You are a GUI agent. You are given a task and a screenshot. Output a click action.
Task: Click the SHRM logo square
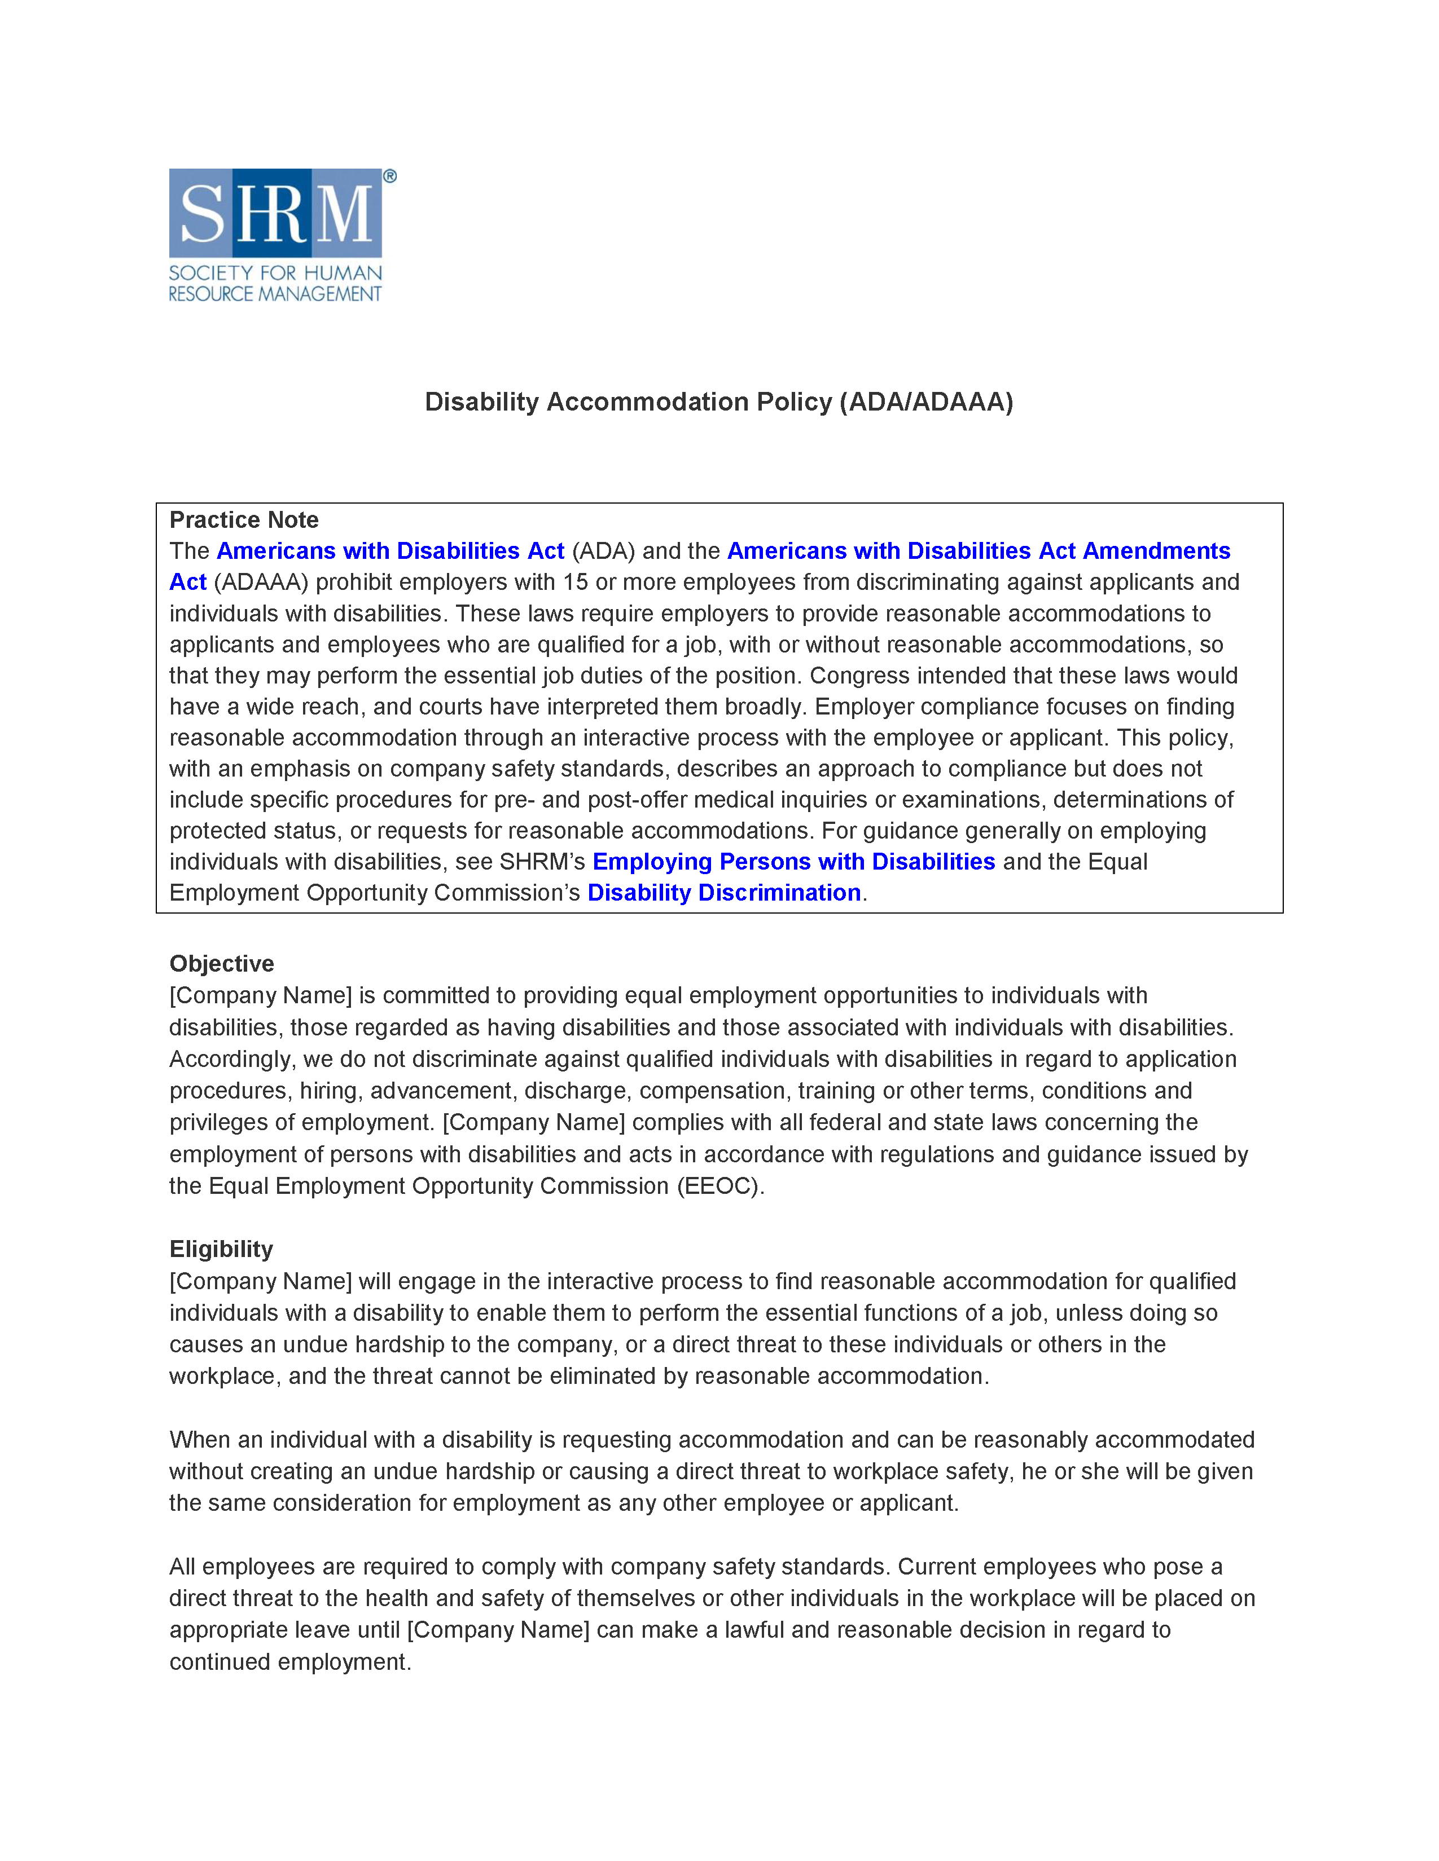point(275,213)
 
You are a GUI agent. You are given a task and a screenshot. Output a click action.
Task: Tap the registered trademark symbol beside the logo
point(389,177)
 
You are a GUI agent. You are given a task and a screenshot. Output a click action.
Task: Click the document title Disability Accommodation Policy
point(718,402)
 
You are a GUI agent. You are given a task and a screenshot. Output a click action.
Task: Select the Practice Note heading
point(244,520)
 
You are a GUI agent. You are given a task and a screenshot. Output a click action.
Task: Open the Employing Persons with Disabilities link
point(793,862)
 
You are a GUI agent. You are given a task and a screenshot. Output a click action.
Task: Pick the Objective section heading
point(222,964)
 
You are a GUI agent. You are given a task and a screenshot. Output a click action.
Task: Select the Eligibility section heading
point(221,1249)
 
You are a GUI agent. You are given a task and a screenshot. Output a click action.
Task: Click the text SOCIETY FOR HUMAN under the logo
point(275,274)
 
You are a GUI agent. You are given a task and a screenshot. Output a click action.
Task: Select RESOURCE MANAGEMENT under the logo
point(275,294)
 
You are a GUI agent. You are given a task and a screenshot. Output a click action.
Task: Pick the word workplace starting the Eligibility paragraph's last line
point(224,1376)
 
